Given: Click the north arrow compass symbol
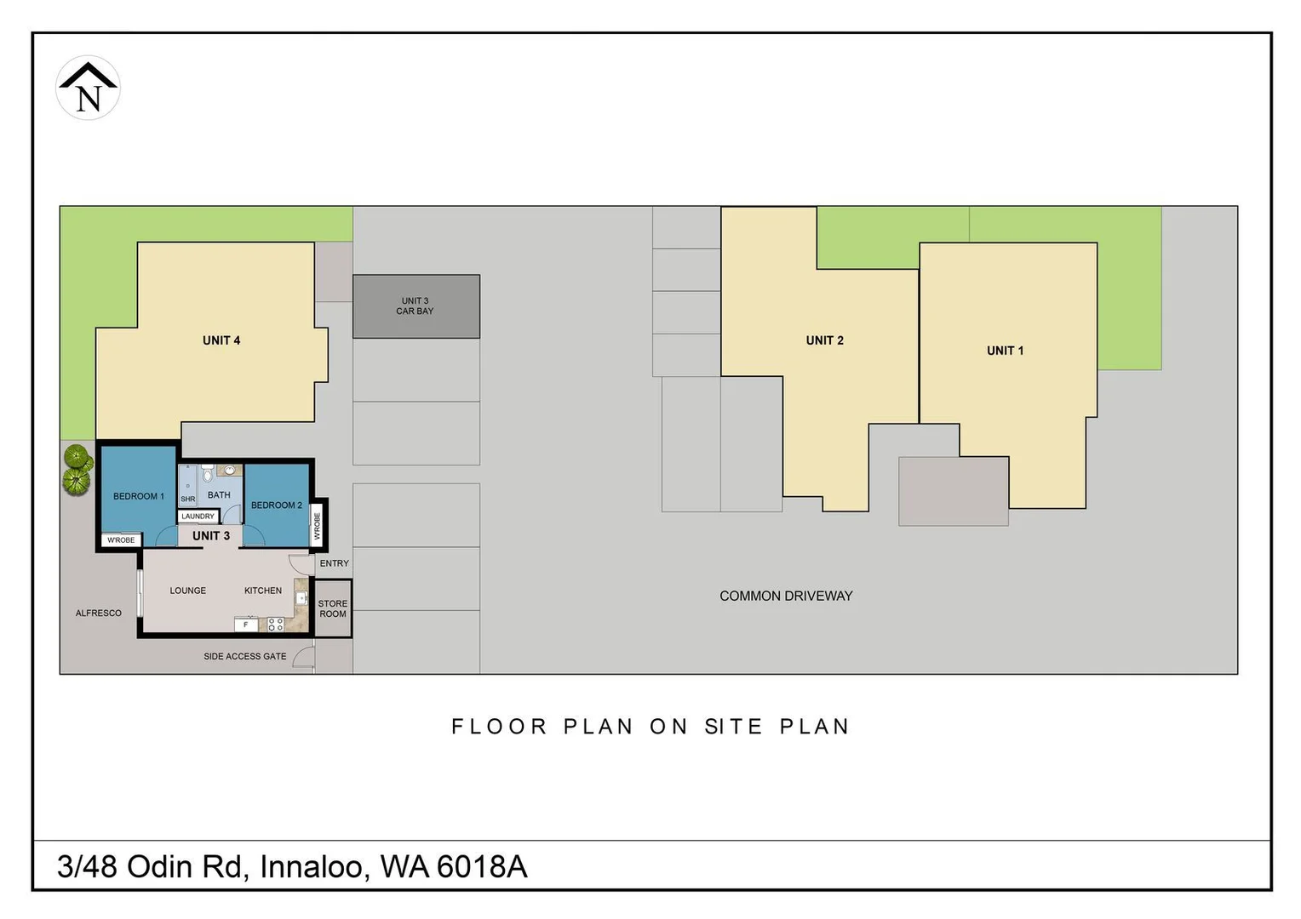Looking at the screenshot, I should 88,88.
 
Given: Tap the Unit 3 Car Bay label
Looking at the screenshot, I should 415,306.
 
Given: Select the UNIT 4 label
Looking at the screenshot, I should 221,340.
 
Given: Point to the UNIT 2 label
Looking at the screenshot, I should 824,340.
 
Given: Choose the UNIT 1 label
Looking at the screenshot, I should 1005,351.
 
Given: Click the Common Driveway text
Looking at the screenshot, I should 786,596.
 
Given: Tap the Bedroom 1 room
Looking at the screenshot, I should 138,496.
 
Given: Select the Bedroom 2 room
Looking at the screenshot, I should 276,505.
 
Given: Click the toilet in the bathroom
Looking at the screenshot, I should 207,473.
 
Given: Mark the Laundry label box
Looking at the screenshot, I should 198,517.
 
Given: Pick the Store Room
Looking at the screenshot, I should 333,608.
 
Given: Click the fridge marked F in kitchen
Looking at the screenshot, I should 246,625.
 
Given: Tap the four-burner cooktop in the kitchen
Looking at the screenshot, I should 275,625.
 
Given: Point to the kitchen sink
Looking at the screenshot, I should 301,598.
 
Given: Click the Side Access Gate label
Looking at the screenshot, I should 244,656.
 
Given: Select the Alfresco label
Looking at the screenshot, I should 98,613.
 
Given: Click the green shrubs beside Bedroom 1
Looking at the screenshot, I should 77,471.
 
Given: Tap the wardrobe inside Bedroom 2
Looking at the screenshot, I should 318,525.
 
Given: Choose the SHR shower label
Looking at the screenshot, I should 187,499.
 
